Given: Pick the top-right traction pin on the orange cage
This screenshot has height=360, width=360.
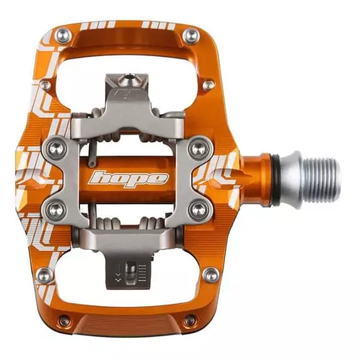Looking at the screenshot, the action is (191, 37).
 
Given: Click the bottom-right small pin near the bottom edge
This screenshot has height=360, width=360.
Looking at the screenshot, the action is (190, 319).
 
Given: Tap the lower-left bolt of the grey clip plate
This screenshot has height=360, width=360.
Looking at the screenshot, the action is (56, 210).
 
